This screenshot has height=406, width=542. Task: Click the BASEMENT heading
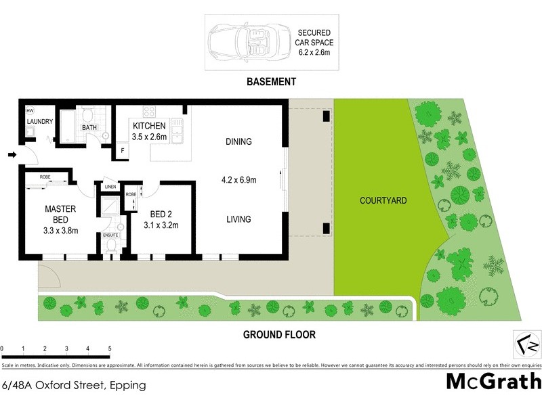[x=271, y=82]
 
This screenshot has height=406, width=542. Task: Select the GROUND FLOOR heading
[x=279, y=334]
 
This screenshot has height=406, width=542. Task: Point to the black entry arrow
[x=12, y=155]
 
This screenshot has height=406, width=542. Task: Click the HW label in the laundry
[x=30, y=110]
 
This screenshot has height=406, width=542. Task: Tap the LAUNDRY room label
[x=40, y=122]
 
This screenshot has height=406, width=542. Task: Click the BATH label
[x=89, y=127]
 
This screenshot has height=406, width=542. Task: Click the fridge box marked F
[x=123, y=150]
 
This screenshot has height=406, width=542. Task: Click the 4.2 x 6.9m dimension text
[x=240, y=181]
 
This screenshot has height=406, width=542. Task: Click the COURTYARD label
[x=383, y=201]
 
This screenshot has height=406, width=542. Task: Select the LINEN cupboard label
[x=109, y=187]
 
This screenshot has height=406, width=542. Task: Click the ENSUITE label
[x=110, y=235]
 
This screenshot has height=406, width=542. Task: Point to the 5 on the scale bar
[x=109, y=348]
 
